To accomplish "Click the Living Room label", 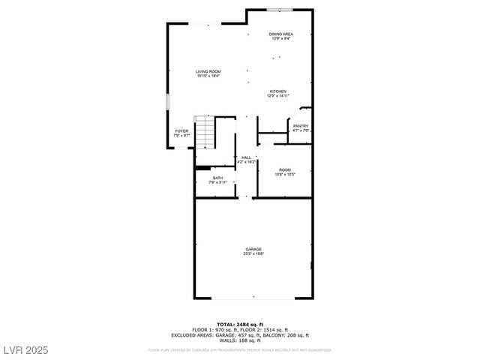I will pyautogui.click(x=208, y=71).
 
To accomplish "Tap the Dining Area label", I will pyautogui.click(x=281, y=34).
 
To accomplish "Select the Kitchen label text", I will pyautogui.click(x=278, y=91).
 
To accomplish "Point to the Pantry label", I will pyautogui.click(x=301, y=126).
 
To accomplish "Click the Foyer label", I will pyautogui.click(x=181, y=131).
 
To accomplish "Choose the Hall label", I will pyautogui.click(x=246, y=157).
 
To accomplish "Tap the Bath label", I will pyautogui.click(x=217, y=178).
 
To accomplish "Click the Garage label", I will pyautogui.click(x=253, y=249).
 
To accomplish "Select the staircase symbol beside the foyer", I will pyautogui.click(x=205, y=132).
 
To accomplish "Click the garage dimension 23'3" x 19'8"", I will pyautogui.click(x=253, y=253).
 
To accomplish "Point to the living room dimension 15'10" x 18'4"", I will pyautogui.click(x=208, y=76).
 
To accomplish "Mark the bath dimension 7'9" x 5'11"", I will pyautogui.click(x=217, y=182).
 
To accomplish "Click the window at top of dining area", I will pyautogui.click(x=280, y=10).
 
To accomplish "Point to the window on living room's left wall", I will pyautogui.click(x=167, y=102).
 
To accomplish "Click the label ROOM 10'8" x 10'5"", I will pyautogui.click(x=285, y=172).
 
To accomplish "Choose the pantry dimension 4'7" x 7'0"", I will pyautogui.click(x=301, y=130).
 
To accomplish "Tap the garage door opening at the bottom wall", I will pyautogui.click(x=253, y=298).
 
